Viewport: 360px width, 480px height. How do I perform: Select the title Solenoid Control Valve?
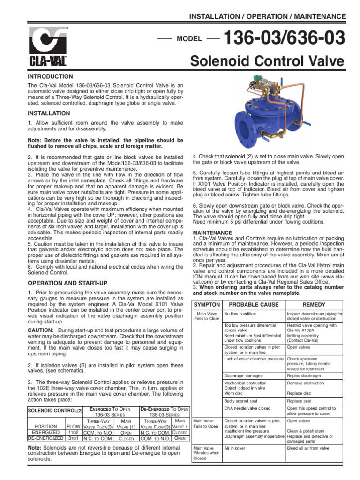click(x=268, y=61)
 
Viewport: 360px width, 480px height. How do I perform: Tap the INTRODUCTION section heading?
click(x=51, y=76)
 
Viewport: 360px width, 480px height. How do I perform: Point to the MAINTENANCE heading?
click(x=212, y=232)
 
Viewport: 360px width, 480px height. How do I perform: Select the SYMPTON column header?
click(x=207, y=304)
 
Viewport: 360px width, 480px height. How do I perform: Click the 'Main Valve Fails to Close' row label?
click(x=207, y=316)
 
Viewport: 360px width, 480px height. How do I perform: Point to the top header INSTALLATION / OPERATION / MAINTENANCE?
click(x=267, y=16)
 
